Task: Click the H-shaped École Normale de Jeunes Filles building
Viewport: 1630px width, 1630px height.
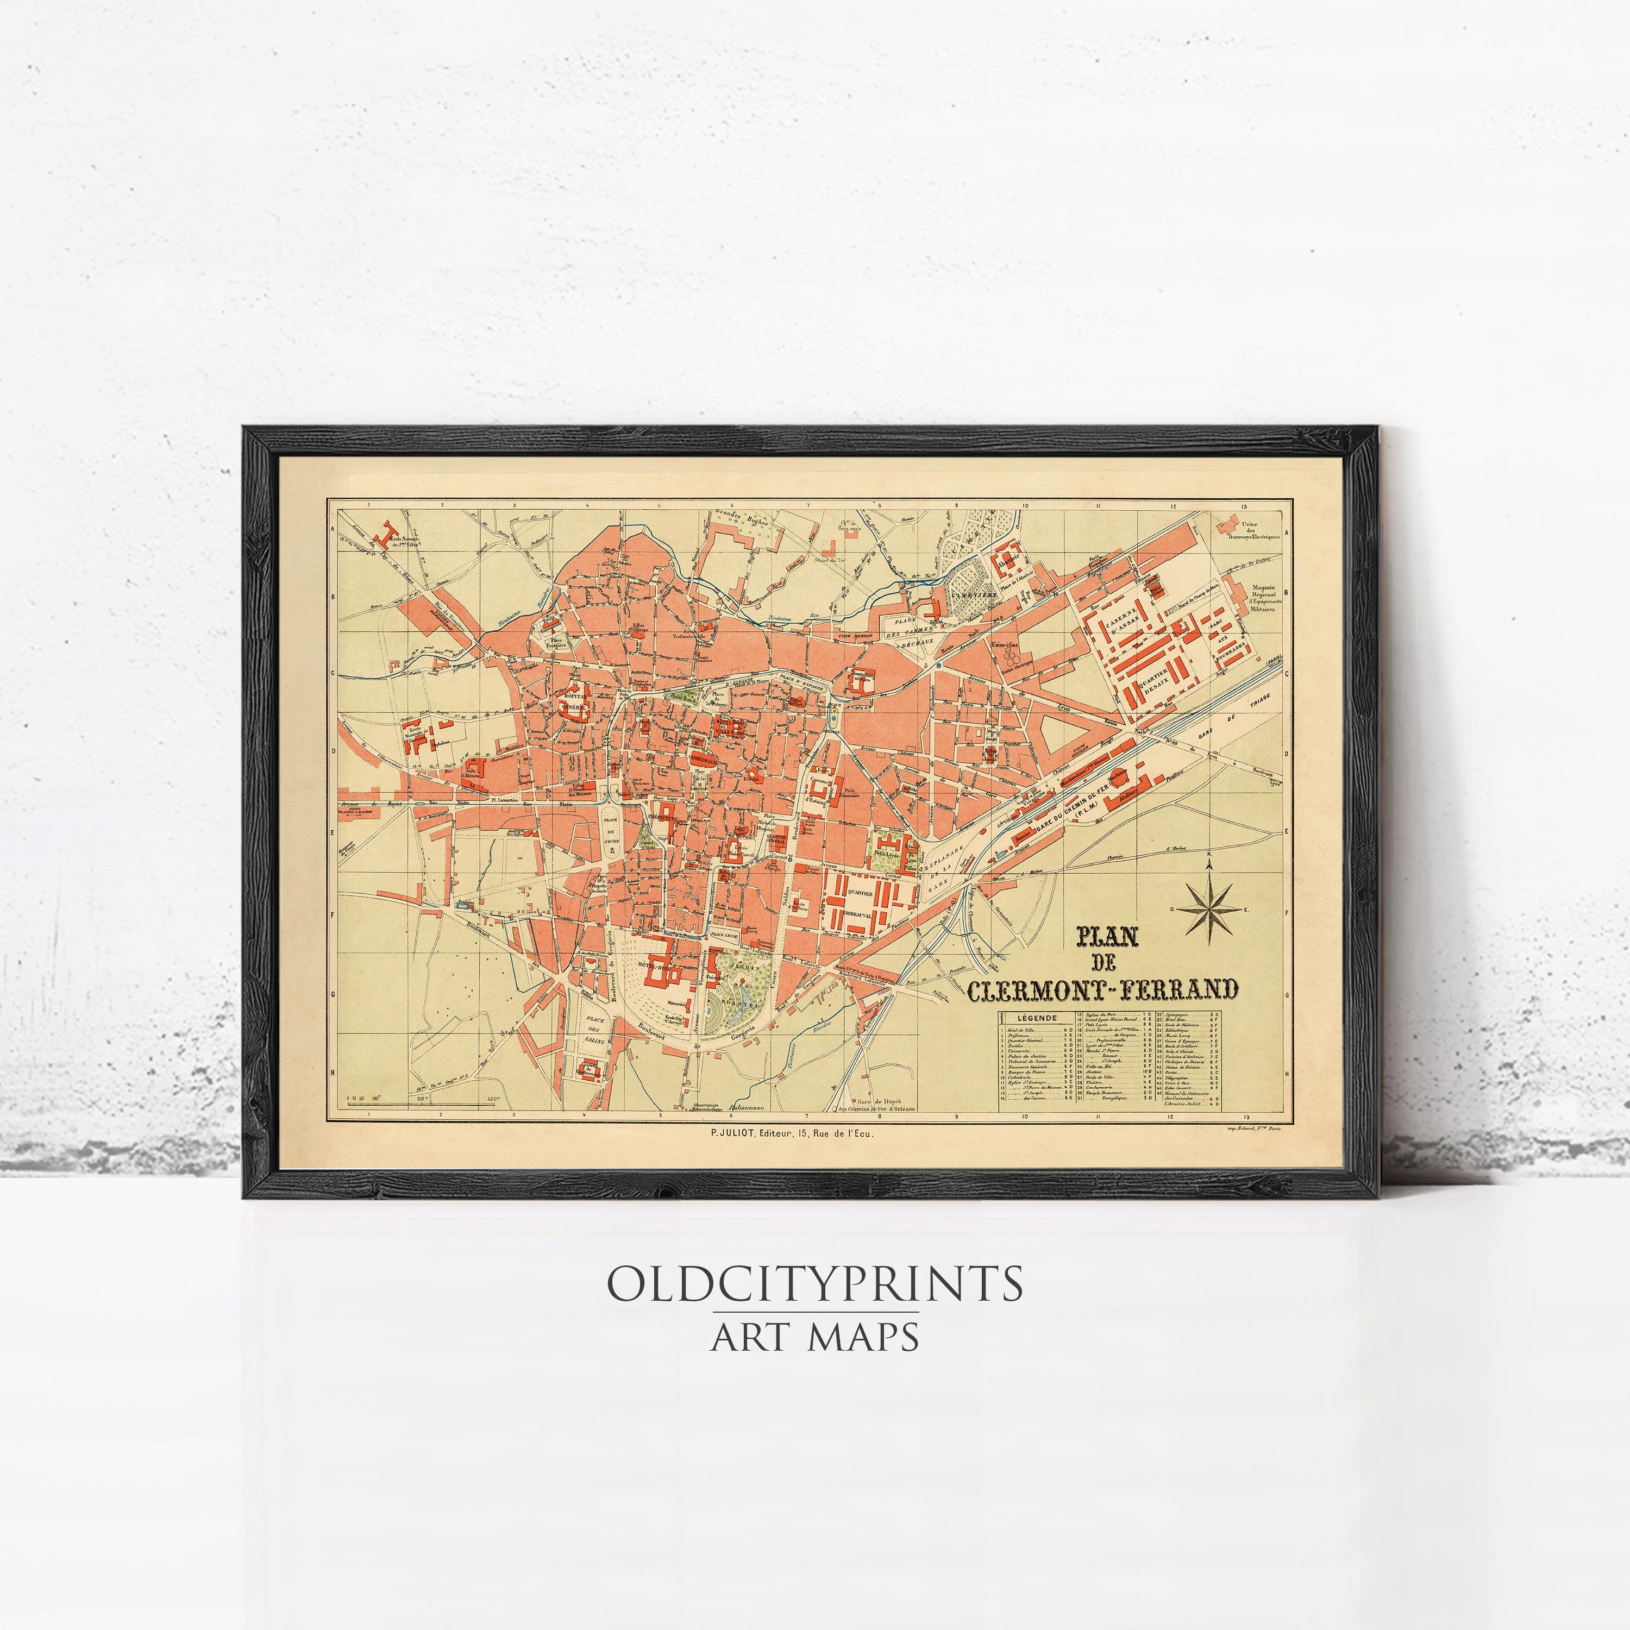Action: pyautogui.click(x=387, y=533)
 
